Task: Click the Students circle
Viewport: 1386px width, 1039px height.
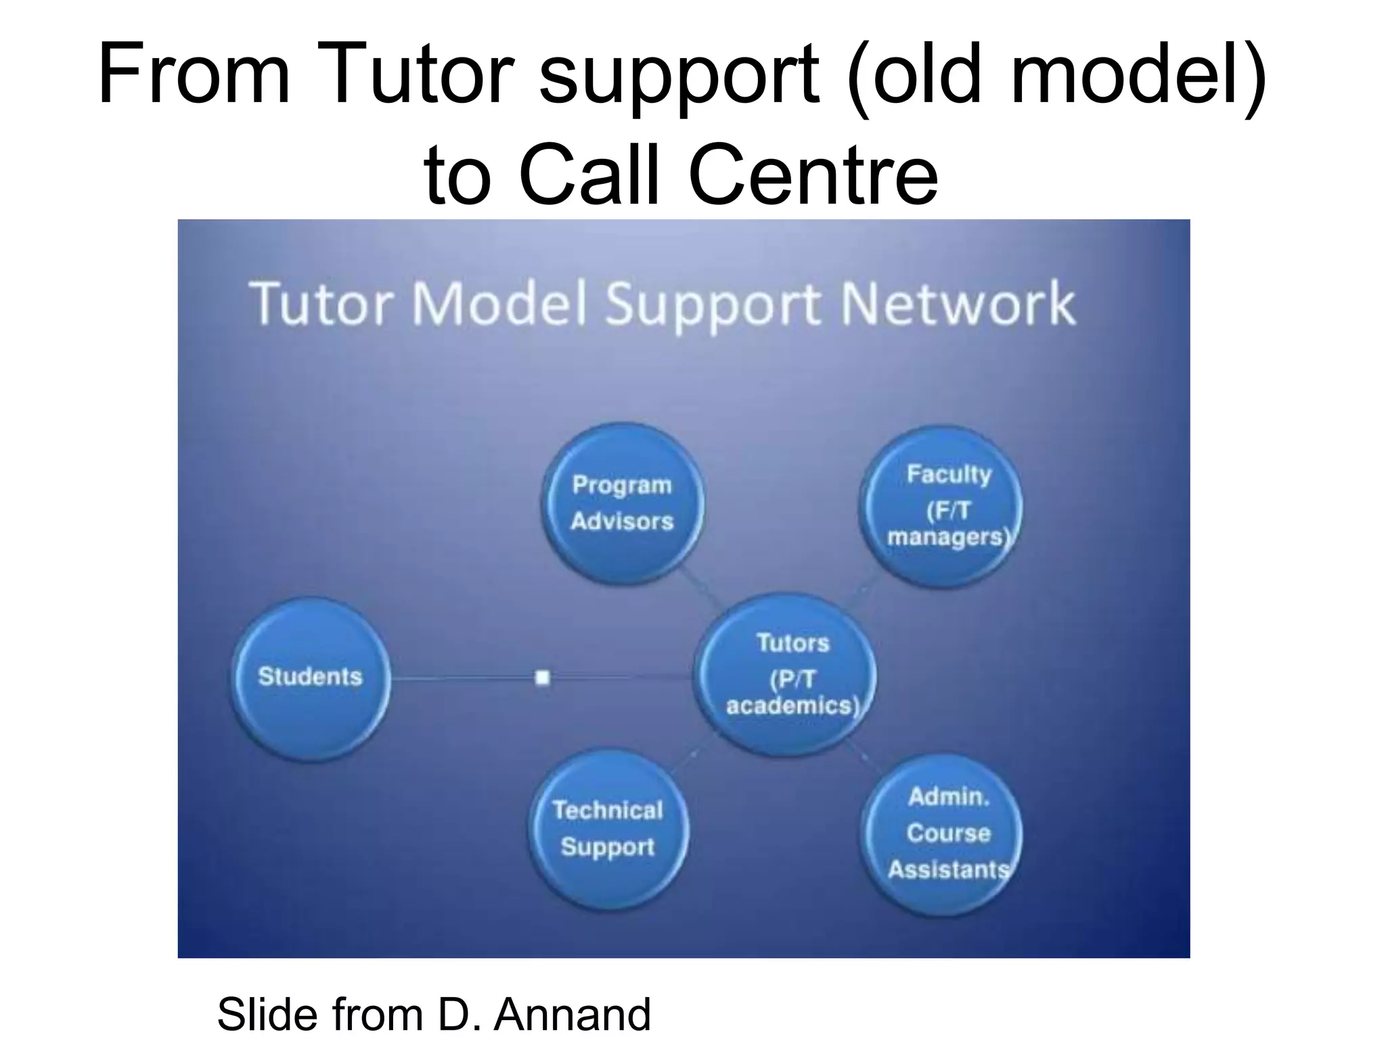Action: (x=310, y=678)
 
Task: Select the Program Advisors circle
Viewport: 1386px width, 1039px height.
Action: (x=622, y=504)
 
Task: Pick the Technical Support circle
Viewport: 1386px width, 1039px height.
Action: (x=608, y=829)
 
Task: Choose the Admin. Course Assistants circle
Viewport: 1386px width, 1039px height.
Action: (x=943, y=835)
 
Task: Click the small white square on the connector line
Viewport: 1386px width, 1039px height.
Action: (x=542, y=677)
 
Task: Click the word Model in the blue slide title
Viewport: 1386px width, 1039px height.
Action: (x=499, y=304)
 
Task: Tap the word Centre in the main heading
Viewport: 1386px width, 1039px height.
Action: (x=813, y=174)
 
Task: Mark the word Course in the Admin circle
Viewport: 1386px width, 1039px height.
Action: (x=948, y=833)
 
